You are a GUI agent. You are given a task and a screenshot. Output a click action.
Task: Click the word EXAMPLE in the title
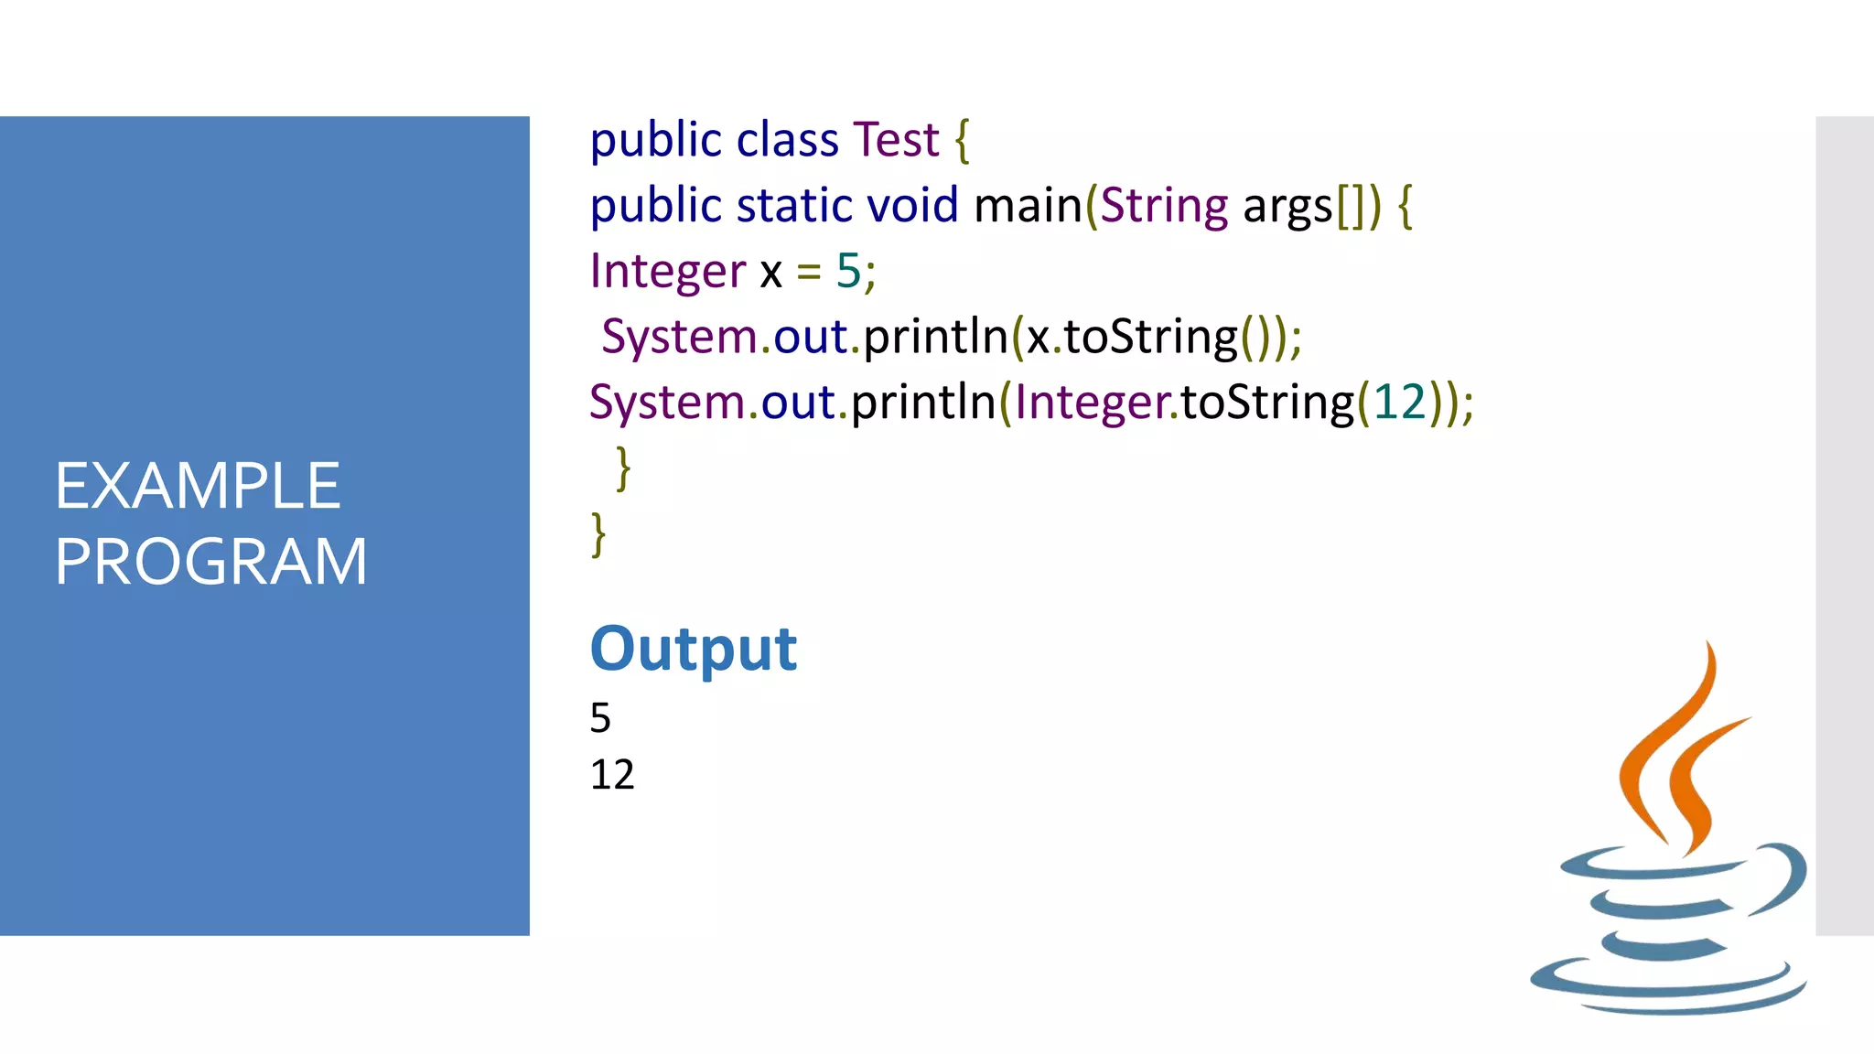point(197,486)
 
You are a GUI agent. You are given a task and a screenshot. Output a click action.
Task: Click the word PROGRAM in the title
point(210,562)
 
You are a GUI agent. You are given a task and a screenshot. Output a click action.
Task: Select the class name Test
point(896,140)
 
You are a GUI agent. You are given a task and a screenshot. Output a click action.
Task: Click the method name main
point(1028,205)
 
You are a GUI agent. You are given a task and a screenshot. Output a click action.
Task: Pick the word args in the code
point(1287,207)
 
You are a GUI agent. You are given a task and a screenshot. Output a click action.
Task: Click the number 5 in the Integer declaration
point(848,271)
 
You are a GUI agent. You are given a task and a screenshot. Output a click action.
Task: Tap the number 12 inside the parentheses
point(1399,403)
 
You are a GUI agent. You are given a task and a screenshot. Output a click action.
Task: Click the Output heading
point(693,650)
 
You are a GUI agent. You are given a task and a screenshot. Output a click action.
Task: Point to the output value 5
point(600,718)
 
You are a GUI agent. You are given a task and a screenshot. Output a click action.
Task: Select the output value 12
point(611,775)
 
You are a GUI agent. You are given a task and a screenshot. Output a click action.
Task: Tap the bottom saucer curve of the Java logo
point(1665,993)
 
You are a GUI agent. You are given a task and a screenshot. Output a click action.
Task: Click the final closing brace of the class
point(598,534)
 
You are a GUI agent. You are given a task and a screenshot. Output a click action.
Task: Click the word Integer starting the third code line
point(668,272)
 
